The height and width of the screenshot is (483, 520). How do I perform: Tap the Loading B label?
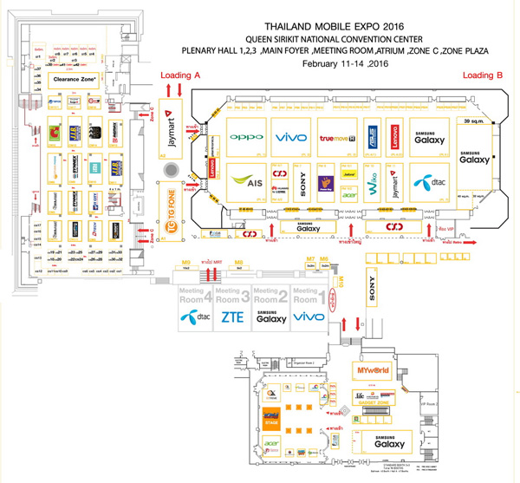pyautogui.click(x=482, y=75)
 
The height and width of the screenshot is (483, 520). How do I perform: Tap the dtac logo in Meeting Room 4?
pyautogui.click(x=196, y=318)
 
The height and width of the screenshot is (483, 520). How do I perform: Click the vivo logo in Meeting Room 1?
pyautogui.click(x=309, y=318)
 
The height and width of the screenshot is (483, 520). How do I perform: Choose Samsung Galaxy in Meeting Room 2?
pyautogui.click(x=271, y=317)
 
